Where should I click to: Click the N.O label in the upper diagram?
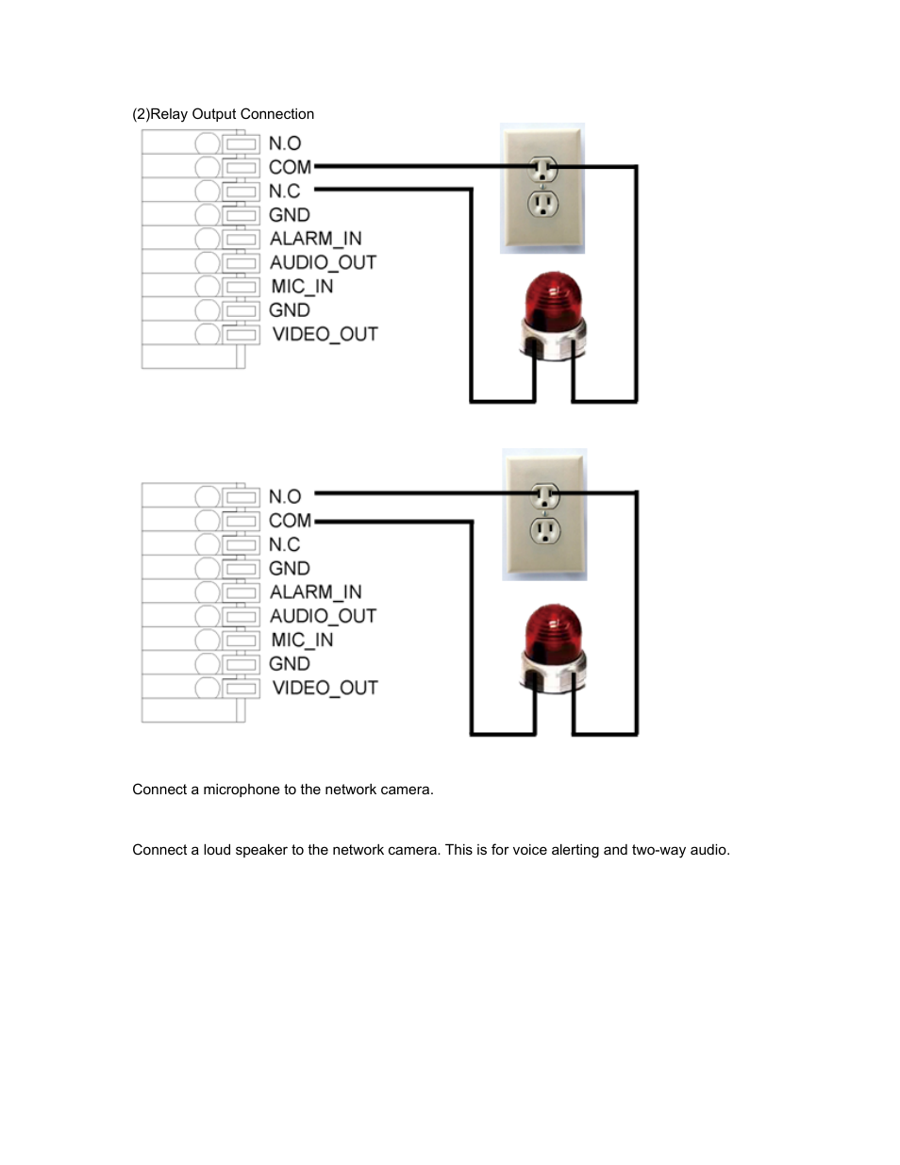[285, 143]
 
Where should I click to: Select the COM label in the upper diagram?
[290, 167]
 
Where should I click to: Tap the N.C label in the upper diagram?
[284, 191]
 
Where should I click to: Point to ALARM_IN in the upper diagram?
[315, 239]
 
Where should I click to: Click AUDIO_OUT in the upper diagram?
[323, 262]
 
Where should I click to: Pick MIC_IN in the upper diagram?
[302, 286]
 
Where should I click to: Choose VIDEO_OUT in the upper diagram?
[325, 334]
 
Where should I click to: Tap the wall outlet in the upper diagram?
[542, 189]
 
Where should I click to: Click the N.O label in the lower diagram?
[285, 496]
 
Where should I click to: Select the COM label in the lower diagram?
[290, 521]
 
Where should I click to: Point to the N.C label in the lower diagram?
[284, 544]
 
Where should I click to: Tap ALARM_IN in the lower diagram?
[315, 592]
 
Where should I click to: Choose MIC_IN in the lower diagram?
[302, 640]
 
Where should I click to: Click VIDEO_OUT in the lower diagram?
[325, 688]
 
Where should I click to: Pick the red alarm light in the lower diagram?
[554, 646]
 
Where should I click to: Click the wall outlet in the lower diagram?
[544, 514]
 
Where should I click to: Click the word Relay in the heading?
[169, 114]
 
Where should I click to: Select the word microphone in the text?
[242, 790]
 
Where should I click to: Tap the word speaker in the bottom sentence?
[261, 850]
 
